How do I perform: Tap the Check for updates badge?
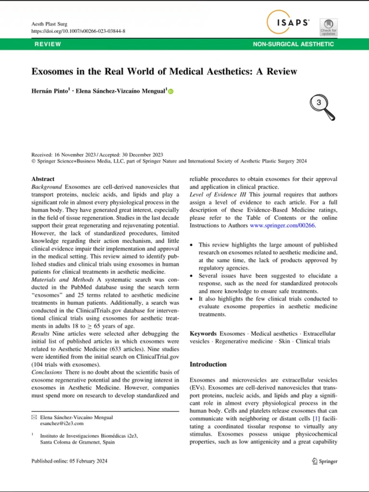click(328, 27)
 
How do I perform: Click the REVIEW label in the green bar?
click(48, 44)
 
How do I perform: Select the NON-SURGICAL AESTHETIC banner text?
click(293, 44)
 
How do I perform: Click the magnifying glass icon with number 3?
click(321, 105)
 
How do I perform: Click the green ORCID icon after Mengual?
click(171, 91)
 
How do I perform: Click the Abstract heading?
click(43, 179)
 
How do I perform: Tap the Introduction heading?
click(208, 364)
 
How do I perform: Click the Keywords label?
click(203, 333)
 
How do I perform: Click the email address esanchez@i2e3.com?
click(61, 424)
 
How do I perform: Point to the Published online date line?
click(69, 461)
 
